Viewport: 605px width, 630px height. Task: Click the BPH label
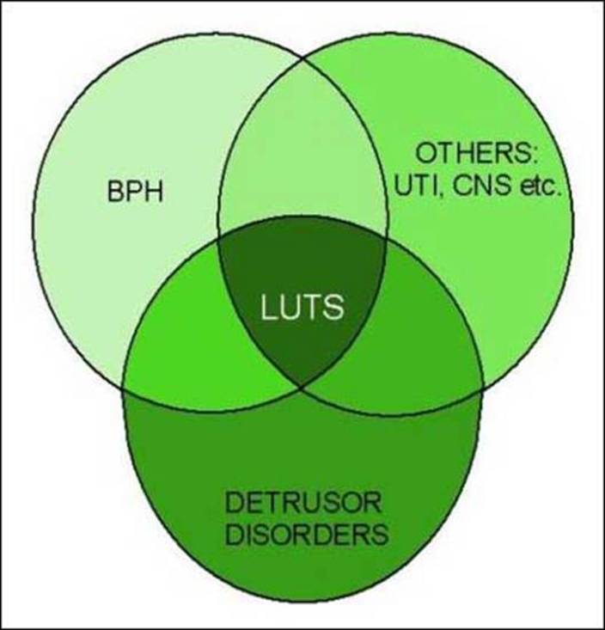point(136,192)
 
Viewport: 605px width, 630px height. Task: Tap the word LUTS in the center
point(302,308)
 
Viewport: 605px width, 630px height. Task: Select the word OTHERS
point(471,153)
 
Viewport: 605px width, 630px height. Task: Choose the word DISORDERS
point(307,534)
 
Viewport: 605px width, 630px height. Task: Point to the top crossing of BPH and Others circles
point(302,58)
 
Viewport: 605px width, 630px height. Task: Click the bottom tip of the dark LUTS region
point(302,388)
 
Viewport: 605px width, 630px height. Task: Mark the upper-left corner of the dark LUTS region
point(218,241)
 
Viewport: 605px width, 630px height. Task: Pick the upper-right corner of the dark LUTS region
point(386,239)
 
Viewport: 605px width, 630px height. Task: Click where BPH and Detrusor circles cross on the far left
point(122,389)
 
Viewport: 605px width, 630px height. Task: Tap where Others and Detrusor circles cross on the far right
point(483,390)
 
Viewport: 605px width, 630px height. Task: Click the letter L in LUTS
point(268,308)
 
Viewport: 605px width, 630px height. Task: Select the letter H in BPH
point(155,192)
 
